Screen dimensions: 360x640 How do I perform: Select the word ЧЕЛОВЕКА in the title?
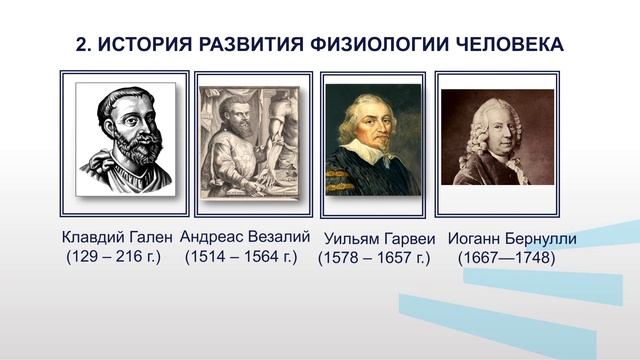pos(504,45)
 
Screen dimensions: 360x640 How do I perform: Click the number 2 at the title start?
pos(81,45)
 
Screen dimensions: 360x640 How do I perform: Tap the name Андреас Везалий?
pos(245,237)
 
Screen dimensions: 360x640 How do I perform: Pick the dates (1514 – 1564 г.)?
pos(242,257)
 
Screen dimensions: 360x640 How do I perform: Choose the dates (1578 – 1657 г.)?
pos(374,258)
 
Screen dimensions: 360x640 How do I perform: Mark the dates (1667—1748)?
pos(506,258)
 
